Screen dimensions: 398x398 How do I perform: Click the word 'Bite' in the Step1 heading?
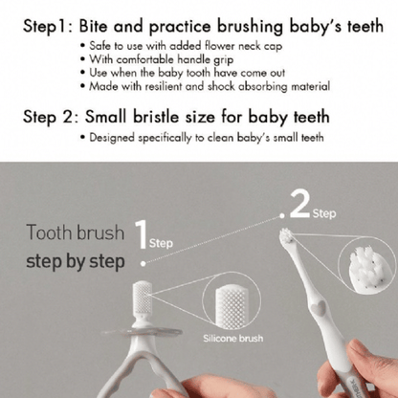pos(93,26)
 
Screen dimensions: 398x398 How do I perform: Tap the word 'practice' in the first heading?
pos(180,27)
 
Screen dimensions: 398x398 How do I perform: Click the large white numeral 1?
pos(141,234)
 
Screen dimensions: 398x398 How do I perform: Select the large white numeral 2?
pos(299,205)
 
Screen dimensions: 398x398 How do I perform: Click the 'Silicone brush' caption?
pos(233,338)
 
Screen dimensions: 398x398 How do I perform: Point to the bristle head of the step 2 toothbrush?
pos(286,235)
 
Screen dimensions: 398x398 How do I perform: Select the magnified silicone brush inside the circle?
pos(232,307)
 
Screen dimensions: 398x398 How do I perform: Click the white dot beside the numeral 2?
pos(282,216)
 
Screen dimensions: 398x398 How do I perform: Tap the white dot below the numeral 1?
pos(144,263)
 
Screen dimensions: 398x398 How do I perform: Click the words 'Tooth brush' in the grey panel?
pos(76,232)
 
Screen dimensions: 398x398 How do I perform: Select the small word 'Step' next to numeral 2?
pos(324,213)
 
